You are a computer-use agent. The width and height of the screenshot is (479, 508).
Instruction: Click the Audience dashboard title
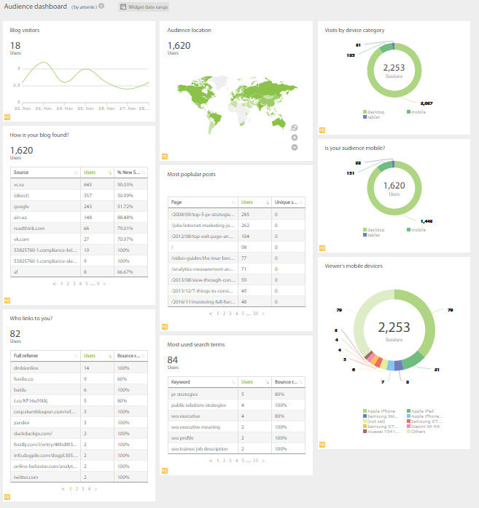coord(35,7)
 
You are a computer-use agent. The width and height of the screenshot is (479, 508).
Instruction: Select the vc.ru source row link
coord(18,184)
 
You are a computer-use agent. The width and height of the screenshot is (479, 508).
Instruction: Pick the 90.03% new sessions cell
coord(125,184)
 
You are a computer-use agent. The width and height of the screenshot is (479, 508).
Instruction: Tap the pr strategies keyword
coord(185,394)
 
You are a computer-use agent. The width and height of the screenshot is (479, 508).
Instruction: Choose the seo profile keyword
coord(182,437)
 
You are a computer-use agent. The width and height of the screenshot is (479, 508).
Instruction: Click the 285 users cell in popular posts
coord(246,215)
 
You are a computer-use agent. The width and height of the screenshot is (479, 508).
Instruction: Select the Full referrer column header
coord(26,356)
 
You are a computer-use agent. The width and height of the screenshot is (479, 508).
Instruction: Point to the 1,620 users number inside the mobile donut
coord(394,186)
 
